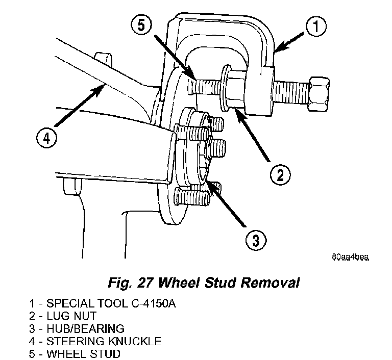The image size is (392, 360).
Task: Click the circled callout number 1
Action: (316, 26)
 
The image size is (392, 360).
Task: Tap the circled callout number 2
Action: (280, 174)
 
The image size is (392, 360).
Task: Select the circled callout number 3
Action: (256, 240)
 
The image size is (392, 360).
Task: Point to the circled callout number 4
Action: (47, 138)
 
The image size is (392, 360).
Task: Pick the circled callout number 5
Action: (141, 25)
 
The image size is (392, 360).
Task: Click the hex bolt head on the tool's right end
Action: (318, 94)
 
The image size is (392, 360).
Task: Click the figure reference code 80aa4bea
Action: (350, 257)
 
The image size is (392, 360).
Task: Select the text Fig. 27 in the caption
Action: (130, 283)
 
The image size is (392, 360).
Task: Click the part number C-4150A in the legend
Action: (154, 303)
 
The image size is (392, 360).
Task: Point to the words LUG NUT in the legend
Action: (71, 316)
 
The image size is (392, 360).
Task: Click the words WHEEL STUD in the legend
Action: (84, 354)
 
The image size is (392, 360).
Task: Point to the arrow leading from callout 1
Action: (290, 42)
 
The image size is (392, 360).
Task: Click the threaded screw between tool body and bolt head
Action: (290, 93)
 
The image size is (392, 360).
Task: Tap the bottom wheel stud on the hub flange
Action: (192, 197)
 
